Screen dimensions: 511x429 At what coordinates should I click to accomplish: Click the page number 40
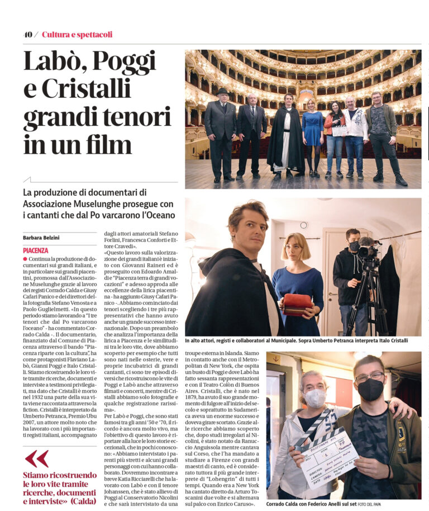(28, 35)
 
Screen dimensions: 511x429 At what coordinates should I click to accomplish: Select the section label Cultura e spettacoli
(77, 35)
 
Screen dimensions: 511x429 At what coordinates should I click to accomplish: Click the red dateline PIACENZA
(36, 250)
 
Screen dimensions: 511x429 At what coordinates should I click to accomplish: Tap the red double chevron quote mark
(36, 458)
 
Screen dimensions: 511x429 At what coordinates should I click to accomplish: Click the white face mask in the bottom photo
(315, 398)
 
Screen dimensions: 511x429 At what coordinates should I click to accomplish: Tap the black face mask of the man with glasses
(370, 389)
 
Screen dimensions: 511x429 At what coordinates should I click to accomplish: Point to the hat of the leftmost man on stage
(222, 91)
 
